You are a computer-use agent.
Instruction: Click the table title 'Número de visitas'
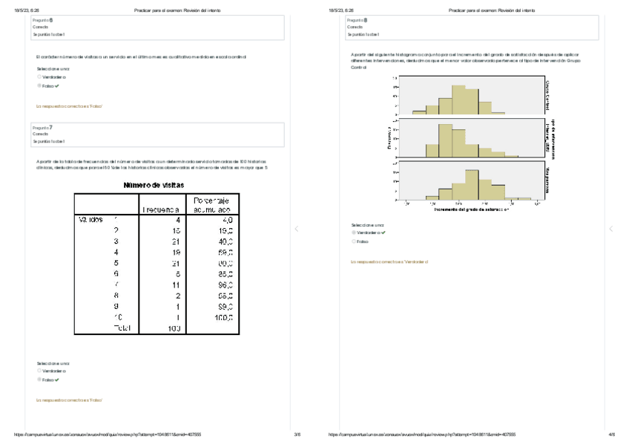154,185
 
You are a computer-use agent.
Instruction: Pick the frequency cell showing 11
177,285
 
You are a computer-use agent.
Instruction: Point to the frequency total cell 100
174,328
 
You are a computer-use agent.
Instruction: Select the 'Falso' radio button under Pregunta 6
39,85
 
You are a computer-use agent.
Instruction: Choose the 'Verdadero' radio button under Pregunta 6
39,77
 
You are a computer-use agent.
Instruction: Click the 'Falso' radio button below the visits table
39,380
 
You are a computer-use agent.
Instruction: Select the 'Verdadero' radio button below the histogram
354,233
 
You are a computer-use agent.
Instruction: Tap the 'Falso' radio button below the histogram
354,241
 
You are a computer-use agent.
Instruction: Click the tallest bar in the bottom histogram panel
472,184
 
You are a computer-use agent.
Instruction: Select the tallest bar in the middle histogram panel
445,141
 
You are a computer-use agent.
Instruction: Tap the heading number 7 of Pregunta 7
50,127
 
